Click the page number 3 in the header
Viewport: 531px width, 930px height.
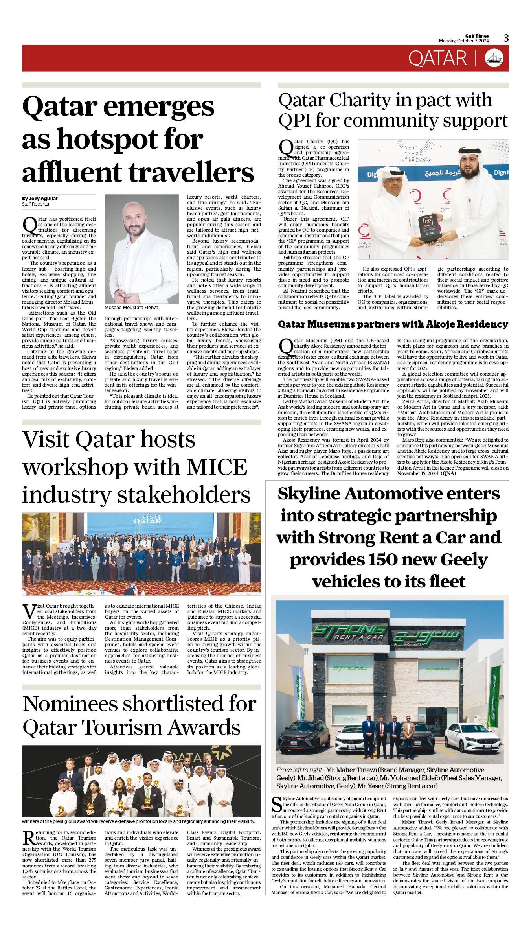tap(506, 38)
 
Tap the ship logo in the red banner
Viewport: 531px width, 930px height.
tap(494, 58)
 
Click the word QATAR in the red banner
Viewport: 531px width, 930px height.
tap(437, 59)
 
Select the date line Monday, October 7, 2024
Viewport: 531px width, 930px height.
tap(464, 41)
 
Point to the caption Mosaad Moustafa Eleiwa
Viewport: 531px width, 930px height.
tap(131, 308)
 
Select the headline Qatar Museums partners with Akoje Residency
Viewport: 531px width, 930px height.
tap(393, 324)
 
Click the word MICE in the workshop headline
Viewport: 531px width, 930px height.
tap(217, 467)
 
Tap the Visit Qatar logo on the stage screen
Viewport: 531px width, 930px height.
tap(147, 519)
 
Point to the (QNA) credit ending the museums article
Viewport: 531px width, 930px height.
tap(448, 473)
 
